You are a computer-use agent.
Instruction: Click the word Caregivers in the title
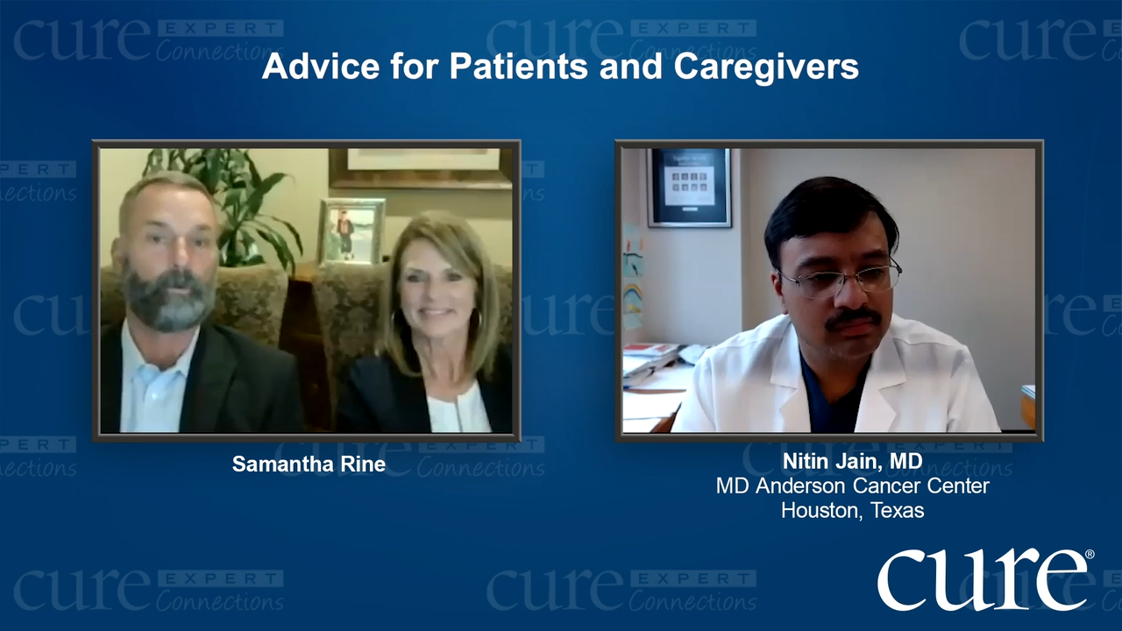[x=766, y=67]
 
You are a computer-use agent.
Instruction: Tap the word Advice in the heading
[x=321, y=66]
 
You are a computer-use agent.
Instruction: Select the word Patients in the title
[x=518, y=66]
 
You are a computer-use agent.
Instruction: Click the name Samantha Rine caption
[x=309, y=464]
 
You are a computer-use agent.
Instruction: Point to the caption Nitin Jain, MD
[x=853, y=462]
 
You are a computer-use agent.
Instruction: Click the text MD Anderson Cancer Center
[x=853, y=486]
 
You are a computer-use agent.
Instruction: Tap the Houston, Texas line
[x=853, y=510]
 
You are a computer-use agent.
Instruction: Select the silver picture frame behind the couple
[x=352, y=231]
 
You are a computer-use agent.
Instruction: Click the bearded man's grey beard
[x=167, y=300]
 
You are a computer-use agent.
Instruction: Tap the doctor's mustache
[x=853, y=317]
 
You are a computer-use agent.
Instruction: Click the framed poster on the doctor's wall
[x=689, y=187]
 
